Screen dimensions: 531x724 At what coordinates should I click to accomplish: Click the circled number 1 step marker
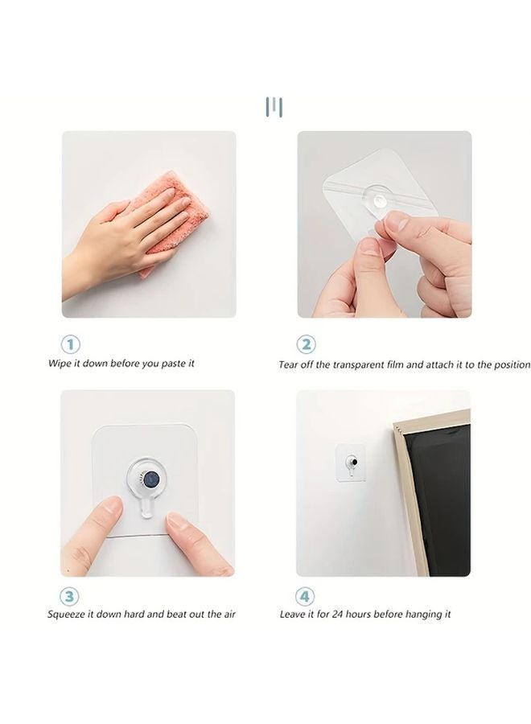(71, 344)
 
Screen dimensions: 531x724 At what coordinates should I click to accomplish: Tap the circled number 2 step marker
(307, 344)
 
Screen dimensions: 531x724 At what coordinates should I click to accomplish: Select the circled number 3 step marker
(70, 596)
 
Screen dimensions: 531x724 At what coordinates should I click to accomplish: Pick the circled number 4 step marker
(305, 596)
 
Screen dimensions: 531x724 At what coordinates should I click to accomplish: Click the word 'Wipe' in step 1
(60, 364)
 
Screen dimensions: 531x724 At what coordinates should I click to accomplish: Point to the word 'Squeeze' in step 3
(66, 615)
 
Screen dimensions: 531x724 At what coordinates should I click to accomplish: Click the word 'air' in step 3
(229, 615)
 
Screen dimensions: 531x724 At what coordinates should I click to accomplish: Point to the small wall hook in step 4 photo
(352, 463)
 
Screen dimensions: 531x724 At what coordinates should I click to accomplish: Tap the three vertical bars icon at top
(274, 107)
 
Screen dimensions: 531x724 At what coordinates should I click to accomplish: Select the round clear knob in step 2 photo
(380, 200)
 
